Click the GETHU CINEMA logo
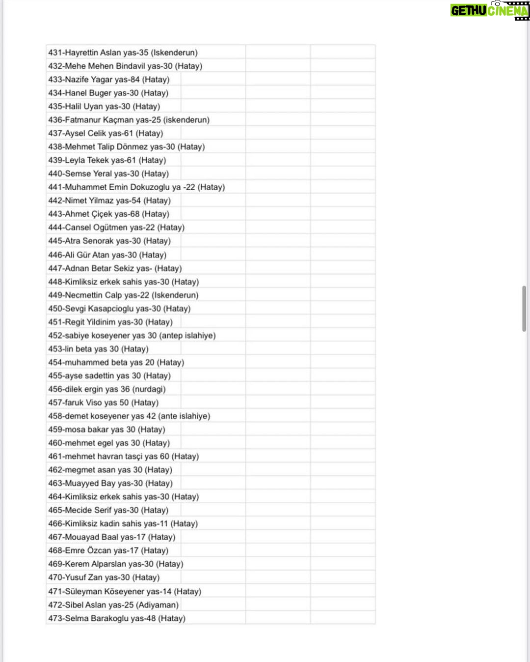click(x=489, y=10)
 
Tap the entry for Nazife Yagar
click(x=108, y=80)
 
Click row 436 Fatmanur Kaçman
click(x=129, y=120)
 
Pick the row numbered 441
click(x=136, y=187)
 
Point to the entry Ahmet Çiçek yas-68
click(x=108, y=214)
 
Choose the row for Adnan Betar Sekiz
click(x=115, y=268)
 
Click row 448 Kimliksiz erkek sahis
click(x=123, y=282)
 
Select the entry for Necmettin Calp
click(x=123, y=295)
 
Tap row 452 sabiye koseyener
click(x=132, y=336)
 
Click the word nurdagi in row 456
click(x=149, y=389)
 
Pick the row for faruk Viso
click(x=103, y=403)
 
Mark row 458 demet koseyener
click(x=129, y=416)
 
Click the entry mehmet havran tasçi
click(x=123, y=457)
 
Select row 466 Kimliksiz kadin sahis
click(x=123, y=524)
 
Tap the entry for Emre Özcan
click(x=108, y=550)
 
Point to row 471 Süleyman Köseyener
click(x=125, y=591)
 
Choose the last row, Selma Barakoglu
click(x=117, y=618)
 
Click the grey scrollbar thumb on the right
click(x=524, y=309)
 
